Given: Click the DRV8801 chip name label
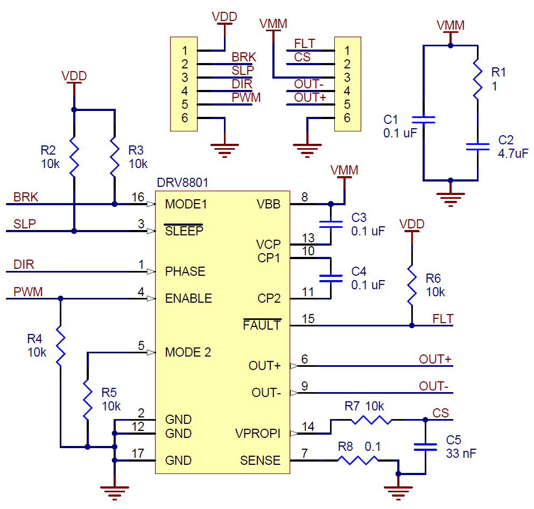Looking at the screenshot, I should [x=182, y=183].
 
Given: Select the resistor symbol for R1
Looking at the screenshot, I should [x=477, y=79].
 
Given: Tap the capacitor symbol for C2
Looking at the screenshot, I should [x=477, y=146].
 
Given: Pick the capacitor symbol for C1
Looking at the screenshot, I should [x=424, y=119].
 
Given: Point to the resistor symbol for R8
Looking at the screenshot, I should [x=357, y=461].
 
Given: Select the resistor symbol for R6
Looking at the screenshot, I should [x=412, y=285].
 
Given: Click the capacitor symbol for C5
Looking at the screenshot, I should [x=425, y=446].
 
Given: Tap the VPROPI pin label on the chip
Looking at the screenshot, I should [x=258, y=434].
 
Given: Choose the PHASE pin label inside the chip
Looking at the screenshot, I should [x=185, y=271].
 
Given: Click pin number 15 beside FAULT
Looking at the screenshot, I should [x=308, y=318].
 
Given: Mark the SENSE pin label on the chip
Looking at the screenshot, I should [x=260, y=461].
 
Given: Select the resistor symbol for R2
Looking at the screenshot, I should [x=74, y=157].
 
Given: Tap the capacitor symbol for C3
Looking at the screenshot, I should [x=331, y=224].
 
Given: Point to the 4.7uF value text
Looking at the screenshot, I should [x=514, y=154].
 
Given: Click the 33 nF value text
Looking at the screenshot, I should [x=461, y=454].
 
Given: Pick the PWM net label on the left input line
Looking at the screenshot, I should [x=28, y=291].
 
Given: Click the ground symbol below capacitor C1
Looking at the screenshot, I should [x=451, y=198].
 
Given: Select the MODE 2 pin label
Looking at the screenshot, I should [x=188, y=352].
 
